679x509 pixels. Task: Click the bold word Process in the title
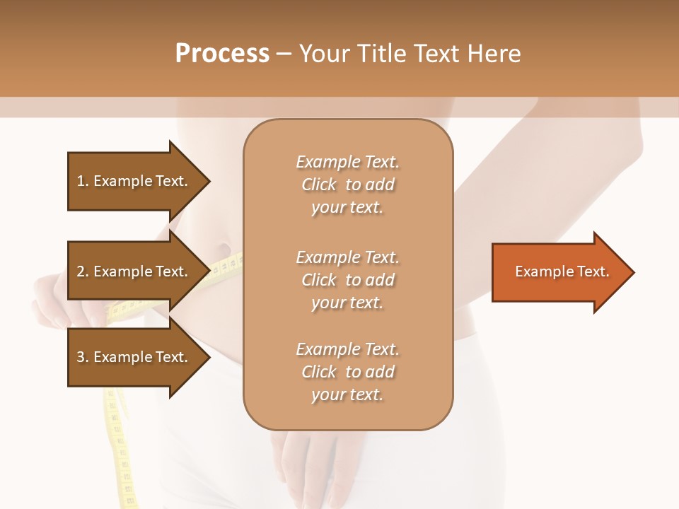[x=222, y=54]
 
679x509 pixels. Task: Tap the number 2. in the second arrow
[x=83, y=271]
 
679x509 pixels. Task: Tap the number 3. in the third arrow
[x=83, y=357]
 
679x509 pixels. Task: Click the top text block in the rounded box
[x=347, y=185]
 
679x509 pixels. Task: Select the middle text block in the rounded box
[x=347, y=279]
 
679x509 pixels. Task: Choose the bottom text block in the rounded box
[x=347, y=372]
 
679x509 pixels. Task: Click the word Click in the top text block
[x=319, y=185]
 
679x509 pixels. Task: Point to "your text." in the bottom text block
[x=347, y=394]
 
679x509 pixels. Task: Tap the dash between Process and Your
[x=284, y=54]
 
